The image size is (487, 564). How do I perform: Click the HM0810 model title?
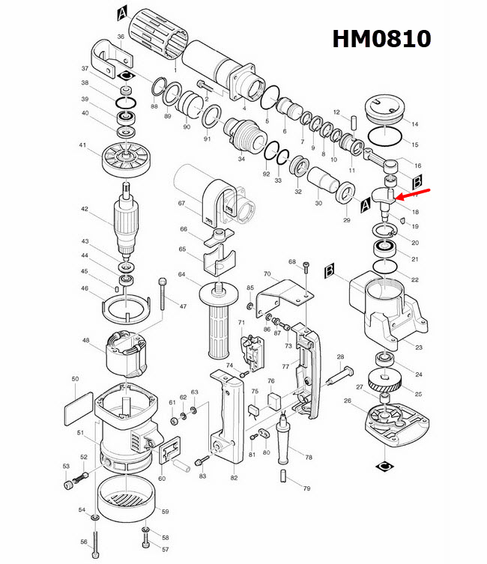coord(382,38)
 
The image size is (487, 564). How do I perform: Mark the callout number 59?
coord(166,512)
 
